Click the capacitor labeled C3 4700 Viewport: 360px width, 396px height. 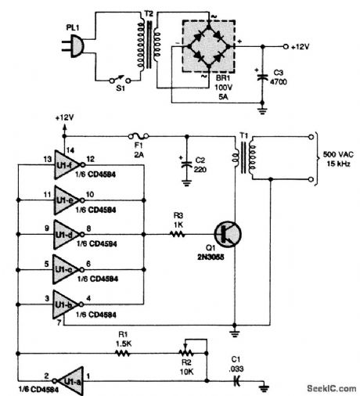pyautogui.click(x=260, y=77)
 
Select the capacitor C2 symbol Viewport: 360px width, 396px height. pyautogui.click(x=186, y=164)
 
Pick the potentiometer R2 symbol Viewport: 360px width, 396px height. pyautogui.click(x=185, y=352)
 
